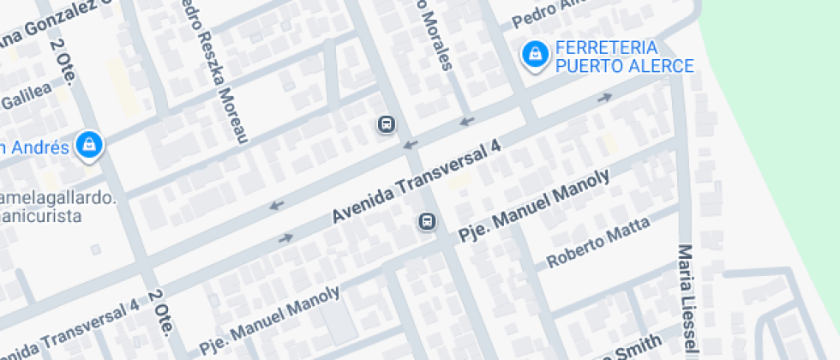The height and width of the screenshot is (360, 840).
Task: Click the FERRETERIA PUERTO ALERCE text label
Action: (624, 57)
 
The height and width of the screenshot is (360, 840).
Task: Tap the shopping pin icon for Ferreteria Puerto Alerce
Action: (535, 55)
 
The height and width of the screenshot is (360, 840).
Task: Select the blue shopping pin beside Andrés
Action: (88, 145)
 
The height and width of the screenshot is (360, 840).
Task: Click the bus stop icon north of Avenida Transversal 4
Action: (387, 125)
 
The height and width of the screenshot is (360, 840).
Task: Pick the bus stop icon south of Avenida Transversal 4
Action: (427, 222)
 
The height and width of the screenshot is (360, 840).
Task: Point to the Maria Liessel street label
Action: (686, 300)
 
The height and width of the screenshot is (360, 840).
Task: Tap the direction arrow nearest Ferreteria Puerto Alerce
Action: (605, 97)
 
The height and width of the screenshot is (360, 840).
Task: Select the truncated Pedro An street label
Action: (549, 10)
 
